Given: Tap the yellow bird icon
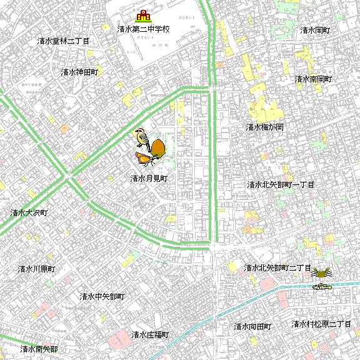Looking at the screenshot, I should (142, 136).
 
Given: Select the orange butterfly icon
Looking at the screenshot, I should (145, 159).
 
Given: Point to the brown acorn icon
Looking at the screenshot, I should (157, 148).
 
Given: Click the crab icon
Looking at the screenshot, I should (322, 273).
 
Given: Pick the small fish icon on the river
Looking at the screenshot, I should (321, 286).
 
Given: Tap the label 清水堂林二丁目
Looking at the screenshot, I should (63, 41).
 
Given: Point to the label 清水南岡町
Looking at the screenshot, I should (313, 79).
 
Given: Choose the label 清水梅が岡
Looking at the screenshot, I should (265, 127).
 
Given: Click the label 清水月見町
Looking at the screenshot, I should (149, 178).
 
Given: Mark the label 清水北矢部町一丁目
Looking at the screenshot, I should (281, 185).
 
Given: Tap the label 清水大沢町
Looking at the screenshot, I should (29, 212).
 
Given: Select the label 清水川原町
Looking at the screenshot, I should (36, 269).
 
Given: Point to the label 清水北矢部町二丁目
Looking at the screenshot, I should (277, 267).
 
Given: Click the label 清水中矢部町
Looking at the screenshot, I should (102, 296).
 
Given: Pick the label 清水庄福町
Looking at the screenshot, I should (150, 334).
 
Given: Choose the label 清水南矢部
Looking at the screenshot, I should (39, 349).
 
